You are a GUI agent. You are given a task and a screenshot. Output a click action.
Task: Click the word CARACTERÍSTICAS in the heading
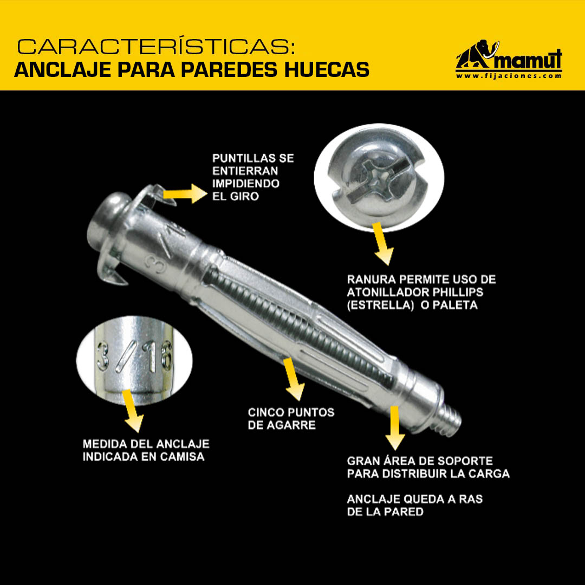click(156, 47)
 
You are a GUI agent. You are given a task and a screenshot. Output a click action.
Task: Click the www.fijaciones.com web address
click(509, 76)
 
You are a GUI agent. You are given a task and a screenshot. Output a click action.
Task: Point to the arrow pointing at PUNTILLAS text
click(185, 193)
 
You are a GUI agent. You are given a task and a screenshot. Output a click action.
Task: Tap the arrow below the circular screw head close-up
click(382, 244)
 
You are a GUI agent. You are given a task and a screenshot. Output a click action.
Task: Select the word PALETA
click(455, 305)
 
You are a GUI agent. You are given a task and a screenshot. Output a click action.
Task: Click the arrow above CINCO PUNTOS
click(294, 379)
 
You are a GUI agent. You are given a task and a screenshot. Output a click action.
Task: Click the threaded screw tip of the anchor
click(450, 421)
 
